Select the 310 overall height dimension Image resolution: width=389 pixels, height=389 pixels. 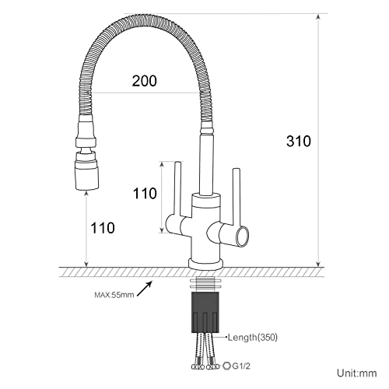coord(297,141)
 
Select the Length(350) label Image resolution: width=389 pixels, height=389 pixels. coord(253,338)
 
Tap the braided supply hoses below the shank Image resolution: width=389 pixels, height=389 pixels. coord(204,349)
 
